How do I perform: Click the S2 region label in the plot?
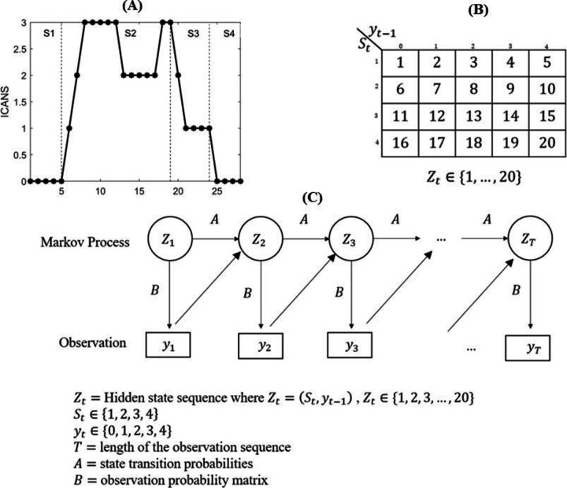131,35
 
